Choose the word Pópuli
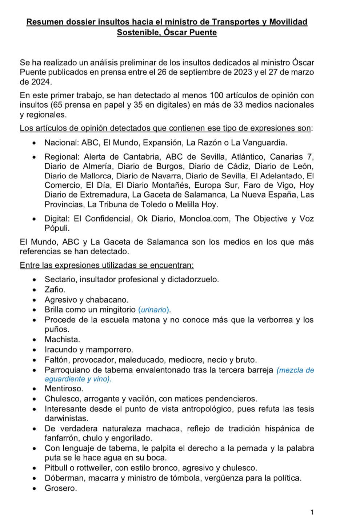click(57, 228)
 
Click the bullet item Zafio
click(55, 290)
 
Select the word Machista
click(62, 339)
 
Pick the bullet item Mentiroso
click(64, 388)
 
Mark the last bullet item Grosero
click(61, 488)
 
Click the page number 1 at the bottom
click(312, 513)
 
